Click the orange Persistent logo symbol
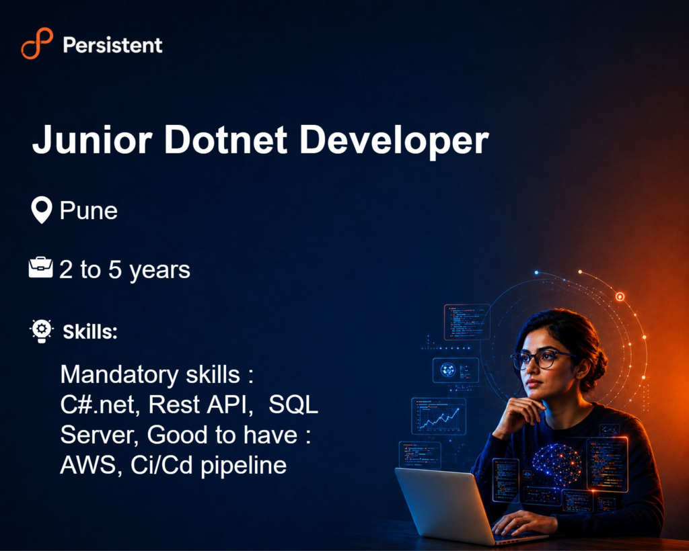37,43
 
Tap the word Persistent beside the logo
112,45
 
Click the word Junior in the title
92,140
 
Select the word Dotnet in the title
226,140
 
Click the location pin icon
42,210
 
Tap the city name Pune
89,210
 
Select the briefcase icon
40,267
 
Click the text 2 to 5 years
124,270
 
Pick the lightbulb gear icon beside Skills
42,331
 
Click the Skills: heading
90,332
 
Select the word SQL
293,405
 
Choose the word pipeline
244,466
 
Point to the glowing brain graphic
556,464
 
